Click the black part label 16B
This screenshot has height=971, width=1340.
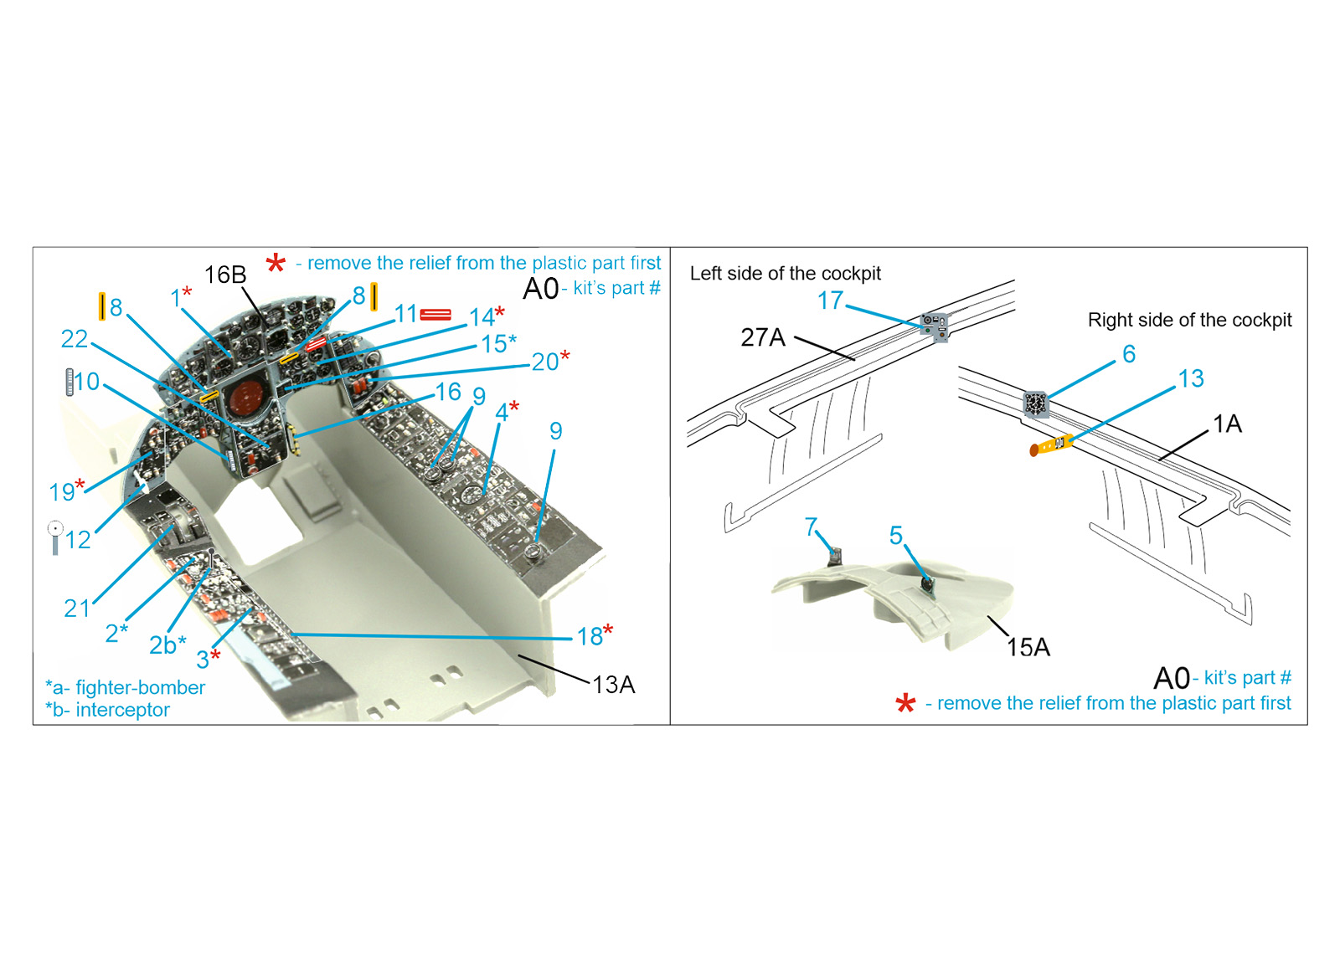tap(225, 275)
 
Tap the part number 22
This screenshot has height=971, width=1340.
tap(75, 339)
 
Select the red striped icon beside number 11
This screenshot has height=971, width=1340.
tap(435, 314)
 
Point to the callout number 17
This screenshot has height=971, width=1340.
tap(830, 301)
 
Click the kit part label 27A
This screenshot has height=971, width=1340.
tap(763, 338)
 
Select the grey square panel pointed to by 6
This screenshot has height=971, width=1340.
tap(1036, 403)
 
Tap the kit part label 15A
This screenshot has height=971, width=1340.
tap(1028, 647)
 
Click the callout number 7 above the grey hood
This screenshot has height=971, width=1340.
tap(811, 527)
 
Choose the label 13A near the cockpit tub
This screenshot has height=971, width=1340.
tap(613, 686)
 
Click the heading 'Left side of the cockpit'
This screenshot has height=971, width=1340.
tap(785, 273)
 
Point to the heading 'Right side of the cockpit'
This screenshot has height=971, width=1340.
tap(1189, 320)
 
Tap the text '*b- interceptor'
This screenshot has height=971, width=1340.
tap(108, 710)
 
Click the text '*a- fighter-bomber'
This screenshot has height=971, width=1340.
tap(125, 687)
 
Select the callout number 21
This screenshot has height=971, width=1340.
tap(76, 609)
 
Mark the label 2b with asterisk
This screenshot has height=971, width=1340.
tap(167, 645)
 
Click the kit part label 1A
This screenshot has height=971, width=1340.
tap(1227, 424)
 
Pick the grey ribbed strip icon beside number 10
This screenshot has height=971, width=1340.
tap(70, 382)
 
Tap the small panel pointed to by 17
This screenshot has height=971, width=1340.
tap(935, 327)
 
